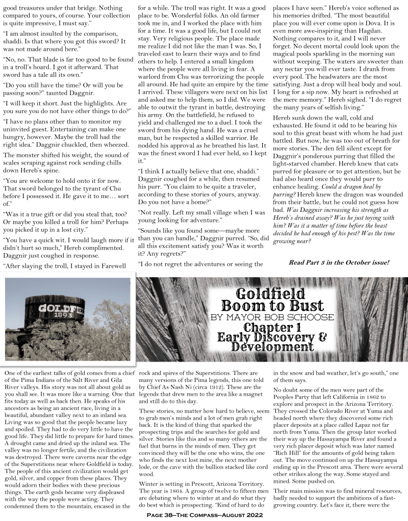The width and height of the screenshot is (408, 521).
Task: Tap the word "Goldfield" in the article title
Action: pyautogui.click(x=272, y=294)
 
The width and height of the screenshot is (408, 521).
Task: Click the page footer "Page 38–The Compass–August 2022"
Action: pyautogui.click(x=204, y=515)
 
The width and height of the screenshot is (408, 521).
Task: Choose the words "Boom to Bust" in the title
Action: pyautogui.click(x=272, y=306)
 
